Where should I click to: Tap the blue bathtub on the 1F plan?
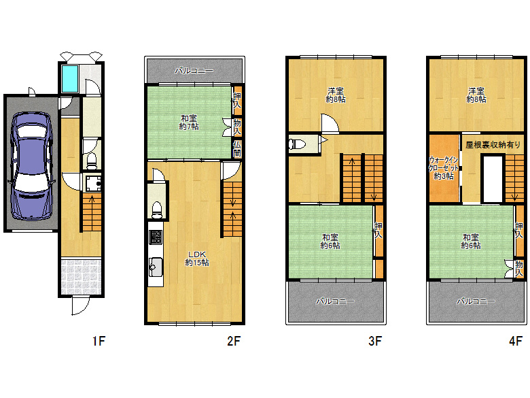tap(69, 78)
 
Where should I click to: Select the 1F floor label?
tap(99, 341)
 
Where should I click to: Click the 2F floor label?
tap(234, 341)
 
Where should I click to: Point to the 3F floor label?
tap(375, 341)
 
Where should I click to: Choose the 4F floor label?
tap(516, 341)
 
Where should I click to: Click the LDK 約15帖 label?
tap(197, 259)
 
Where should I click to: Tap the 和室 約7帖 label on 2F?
tap(189, 122)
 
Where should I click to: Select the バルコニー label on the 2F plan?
tap(194, 71)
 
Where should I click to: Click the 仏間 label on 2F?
tap(237, 149)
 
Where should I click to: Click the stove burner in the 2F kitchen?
tap(156, 237)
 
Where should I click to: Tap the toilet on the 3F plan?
tap(298, 144)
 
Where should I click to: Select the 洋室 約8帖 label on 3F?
tap(336, 95)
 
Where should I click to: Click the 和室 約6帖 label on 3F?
tap(330, 242)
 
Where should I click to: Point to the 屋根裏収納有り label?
tap(493, 145)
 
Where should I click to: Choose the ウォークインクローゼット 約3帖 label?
tap(444, 168)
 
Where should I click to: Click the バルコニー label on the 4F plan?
tap(476, 301)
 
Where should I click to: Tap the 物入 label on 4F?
tap(519, 269)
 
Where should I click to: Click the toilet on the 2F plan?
tap(157, 210)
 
